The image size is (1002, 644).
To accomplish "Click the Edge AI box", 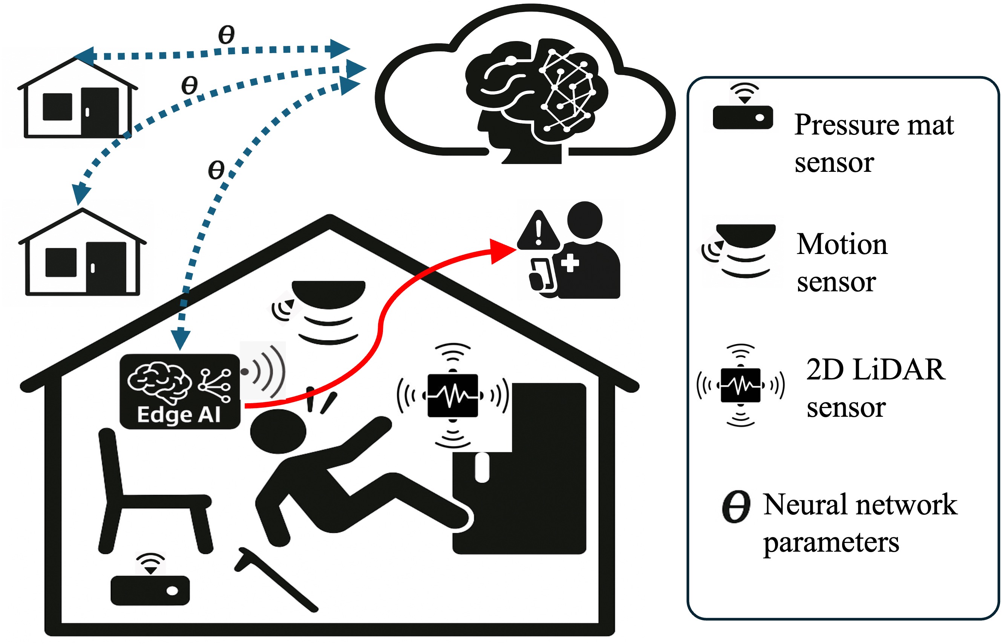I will point(179,391).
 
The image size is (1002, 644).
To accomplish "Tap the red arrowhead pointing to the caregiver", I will point(502,251).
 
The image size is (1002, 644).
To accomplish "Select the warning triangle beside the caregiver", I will point(538,232).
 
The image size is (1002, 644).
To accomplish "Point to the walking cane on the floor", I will point(276,579).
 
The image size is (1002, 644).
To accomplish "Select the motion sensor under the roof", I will point(328,293).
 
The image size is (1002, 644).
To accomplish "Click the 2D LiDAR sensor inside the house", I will point(452,395).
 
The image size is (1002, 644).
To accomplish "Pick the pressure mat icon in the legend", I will point(743,117).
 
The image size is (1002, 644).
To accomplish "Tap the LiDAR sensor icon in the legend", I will point(740,385).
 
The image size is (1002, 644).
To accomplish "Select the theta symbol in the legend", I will point(736,506).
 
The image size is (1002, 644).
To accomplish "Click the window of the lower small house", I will point(61,262).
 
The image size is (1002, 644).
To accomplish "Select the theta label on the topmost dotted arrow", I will point(226,34).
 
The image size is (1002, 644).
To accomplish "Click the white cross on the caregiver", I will point(570,263).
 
